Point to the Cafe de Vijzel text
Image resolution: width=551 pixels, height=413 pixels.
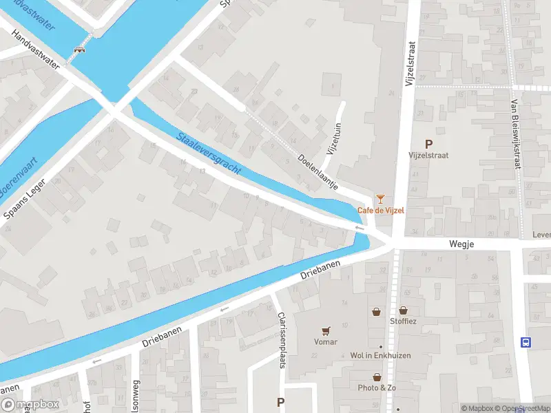380,210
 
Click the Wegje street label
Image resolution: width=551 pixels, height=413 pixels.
462,244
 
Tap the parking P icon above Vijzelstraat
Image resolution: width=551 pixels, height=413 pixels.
428,144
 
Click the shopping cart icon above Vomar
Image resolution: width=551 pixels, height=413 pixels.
326,331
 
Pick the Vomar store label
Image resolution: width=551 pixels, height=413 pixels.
326,341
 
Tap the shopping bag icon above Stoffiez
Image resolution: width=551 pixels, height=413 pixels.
402,310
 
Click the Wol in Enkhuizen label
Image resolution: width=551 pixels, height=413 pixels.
380,355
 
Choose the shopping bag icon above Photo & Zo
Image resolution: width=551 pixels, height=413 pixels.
377,377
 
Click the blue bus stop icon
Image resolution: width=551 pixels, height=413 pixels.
526,342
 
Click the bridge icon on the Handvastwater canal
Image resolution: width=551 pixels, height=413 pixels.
80,50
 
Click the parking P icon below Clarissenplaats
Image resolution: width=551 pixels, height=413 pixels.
280,402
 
